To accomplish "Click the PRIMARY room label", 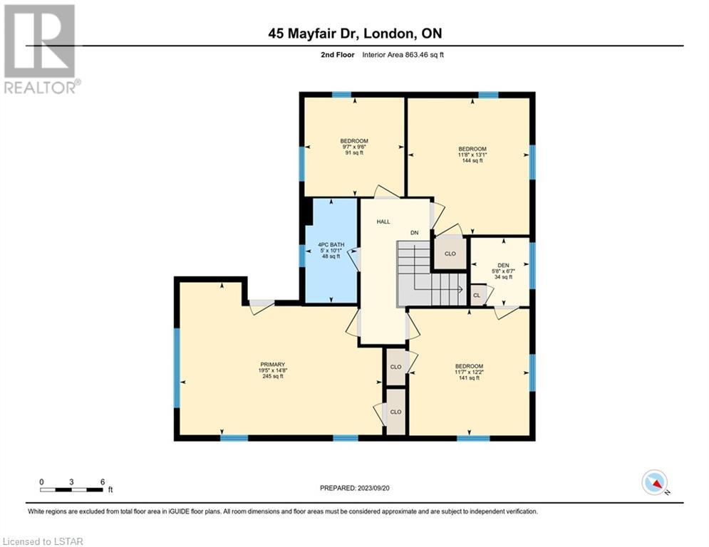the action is tap(273, 365).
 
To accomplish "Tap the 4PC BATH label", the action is tap(331, 244).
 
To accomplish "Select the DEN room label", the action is tap(503, 266).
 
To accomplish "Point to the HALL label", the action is tap(383, 222).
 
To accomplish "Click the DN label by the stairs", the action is tap(414, 233).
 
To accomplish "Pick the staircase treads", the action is tap(432, 274).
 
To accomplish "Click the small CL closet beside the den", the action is tap(477, 295).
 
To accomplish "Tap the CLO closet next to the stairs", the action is tap(450, 253).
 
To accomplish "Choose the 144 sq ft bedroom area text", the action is tap(472, 160).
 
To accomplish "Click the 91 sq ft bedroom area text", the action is tap(354, 153).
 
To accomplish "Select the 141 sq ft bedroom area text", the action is tap(470, 378).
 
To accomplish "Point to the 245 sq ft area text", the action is tap(273, 376).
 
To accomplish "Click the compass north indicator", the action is tap(655, 483).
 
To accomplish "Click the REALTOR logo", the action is tap(41, 48).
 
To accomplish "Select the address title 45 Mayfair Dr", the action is tap(314, 33).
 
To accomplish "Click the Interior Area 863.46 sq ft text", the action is tap(403, 55).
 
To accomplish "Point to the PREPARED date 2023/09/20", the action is tap(355, 488).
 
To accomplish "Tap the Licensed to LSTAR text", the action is tap(43, 541).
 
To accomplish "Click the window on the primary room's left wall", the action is tap(177, 368).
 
